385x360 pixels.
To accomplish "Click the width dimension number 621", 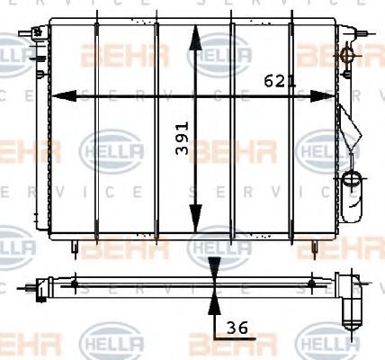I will [x=279, y=81].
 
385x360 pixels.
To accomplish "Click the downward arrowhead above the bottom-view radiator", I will [x=214, y=267].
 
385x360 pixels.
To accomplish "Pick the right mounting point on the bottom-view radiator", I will [x=311, y=284].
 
